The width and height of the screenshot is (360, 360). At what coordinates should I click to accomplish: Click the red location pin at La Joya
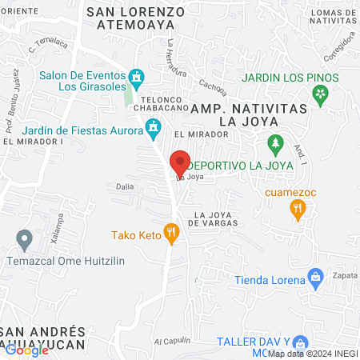(x=180, y=162)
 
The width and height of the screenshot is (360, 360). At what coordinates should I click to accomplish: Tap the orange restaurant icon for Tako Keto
(x=170, y=234)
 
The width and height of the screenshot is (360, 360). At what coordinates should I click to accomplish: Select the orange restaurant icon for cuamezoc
(x=298, y=210)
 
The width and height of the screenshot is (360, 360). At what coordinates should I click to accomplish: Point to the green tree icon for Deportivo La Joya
(x=276, y=145)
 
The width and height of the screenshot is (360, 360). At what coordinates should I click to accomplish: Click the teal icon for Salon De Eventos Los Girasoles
(x=137, y=78)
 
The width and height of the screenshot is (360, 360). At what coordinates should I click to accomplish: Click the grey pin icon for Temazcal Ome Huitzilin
(x=25, y=238)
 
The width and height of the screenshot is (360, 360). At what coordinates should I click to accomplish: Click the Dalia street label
(x=125, y=186)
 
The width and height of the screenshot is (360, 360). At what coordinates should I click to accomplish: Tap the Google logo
(x=26, y=350)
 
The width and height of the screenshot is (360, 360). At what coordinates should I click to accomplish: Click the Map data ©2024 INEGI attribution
(x=313, y=353)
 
